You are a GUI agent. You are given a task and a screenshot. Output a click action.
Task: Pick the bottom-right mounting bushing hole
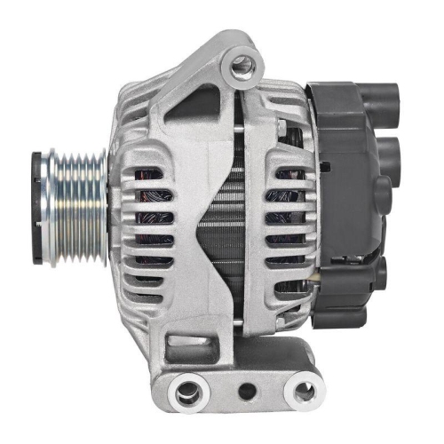click(304, 388)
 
